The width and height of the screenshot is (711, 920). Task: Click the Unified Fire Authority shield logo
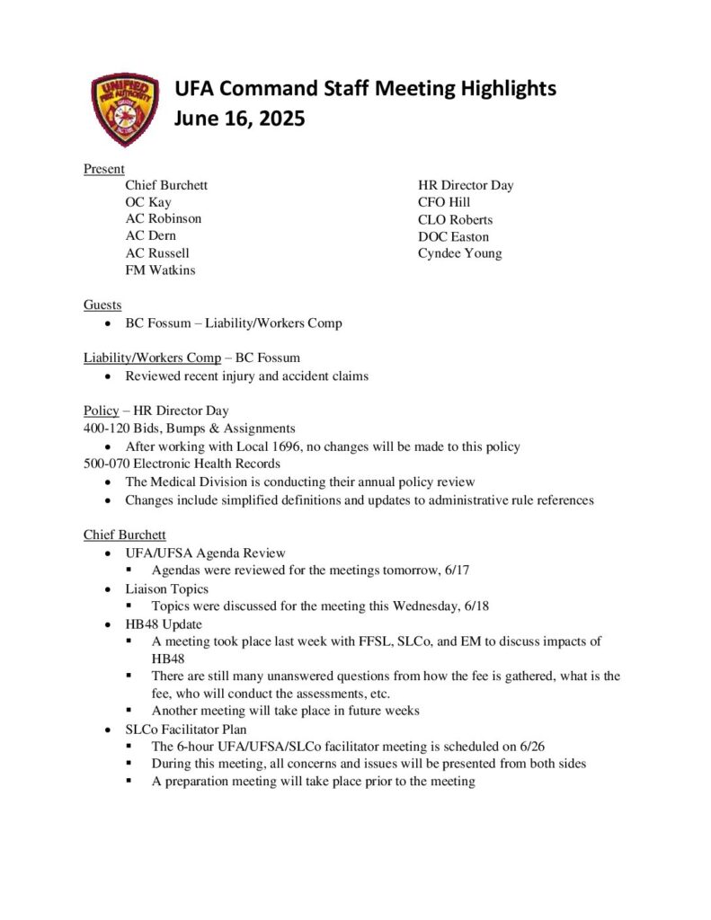tap(126, 110)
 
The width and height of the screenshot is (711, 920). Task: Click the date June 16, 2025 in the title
tap(240, 119)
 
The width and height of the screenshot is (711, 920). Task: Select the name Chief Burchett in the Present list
tap(166, 185)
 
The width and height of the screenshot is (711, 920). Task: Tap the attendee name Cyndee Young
tap(459, 253)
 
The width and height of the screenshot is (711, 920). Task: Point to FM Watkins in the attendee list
tap(160, 270)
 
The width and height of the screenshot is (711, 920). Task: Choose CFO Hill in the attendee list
tap(444, 202)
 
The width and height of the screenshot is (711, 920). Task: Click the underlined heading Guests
tap(102, 305)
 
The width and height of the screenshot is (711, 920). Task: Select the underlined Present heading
tap(103, 169)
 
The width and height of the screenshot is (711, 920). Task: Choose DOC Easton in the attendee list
tap(453, 236)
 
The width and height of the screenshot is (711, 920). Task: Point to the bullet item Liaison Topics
tap(166, 588)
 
